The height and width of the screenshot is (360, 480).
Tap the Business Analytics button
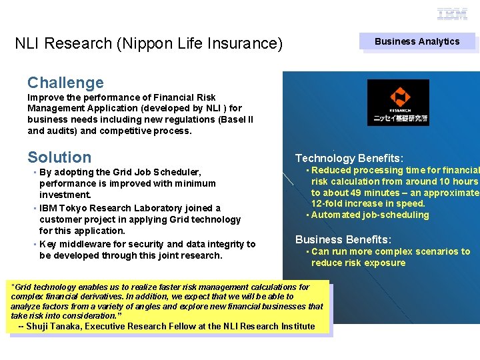tap(417, 41)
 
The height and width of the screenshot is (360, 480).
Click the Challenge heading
tap(65, 83)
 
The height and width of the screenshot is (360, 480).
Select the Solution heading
tap(59, 157)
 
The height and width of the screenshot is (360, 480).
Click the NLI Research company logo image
tap(398, 102)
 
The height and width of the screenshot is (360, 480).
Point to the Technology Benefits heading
tap(349, 158)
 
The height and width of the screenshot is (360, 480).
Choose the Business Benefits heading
tap(343, 239)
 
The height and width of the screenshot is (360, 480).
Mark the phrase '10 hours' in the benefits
tap(457, 181)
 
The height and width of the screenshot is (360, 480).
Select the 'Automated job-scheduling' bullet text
tap(370, 215)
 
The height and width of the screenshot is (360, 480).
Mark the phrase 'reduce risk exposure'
tap(358, 263)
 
